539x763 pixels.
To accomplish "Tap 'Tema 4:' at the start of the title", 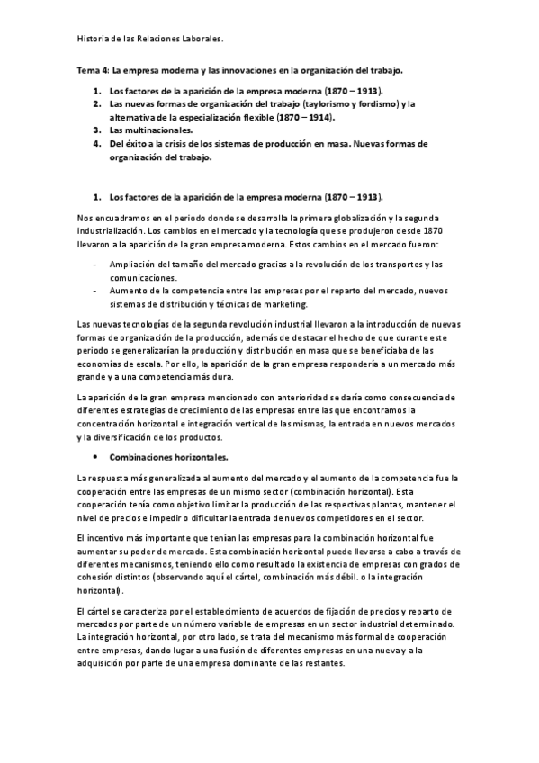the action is coord(89,70).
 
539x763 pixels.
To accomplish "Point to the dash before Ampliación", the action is coord(96,264).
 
